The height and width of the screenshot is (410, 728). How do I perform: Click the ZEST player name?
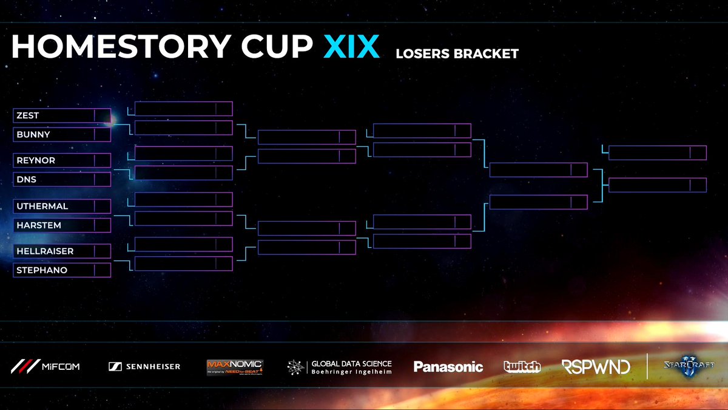(x=28, y=115)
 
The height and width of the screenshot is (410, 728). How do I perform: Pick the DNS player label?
(x=25, y=180)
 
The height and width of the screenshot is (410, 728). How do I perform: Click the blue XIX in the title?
(x=351, y=47)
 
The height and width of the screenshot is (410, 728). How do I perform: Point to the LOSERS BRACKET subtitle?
(x=457, y=54)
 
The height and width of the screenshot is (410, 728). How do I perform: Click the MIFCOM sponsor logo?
(x=45, y=366)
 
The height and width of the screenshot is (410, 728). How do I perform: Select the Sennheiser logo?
(x=144, y=366)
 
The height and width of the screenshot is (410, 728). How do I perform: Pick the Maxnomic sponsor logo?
(x=234, y=366)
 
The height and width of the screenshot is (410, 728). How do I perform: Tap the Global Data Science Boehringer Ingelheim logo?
(x=340, y=367)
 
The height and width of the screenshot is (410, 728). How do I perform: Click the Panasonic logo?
(x=448, y=366)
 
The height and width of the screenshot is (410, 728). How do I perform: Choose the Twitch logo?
(x=522, y=366)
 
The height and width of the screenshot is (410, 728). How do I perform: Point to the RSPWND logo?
(x=595, y=366)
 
